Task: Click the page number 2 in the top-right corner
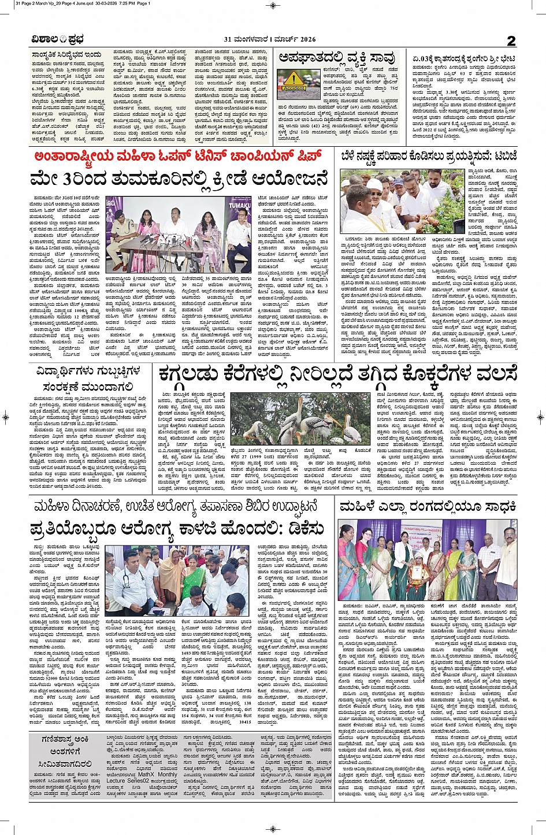(511, 40)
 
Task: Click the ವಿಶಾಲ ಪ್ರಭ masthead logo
(58, 39)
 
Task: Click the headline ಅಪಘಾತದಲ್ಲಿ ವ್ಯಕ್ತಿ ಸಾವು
(336, 58)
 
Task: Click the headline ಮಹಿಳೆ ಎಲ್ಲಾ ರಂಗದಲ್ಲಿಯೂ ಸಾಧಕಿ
(428, 507)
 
